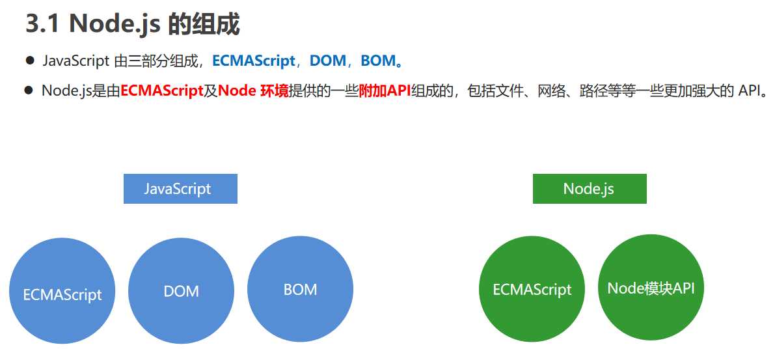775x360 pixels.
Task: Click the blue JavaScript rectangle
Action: point(180,188)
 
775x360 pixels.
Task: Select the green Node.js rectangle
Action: point(590,188)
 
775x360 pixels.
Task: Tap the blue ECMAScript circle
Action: point(62,291)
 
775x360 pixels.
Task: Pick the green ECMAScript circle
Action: point(532,289)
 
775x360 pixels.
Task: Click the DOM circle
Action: point(182,291)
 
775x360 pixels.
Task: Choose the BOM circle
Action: point(301,289)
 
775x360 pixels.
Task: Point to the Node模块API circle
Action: point(651,288)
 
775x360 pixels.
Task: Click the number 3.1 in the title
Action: point(44,24)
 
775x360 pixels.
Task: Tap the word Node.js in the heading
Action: point(115,24)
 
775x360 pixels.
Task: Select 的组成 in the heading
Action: point(204,24)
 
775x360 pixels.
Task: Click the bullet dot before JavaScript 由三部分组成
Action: point(30,61)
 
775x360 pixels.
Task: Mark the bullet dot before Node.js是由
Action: point(28,90)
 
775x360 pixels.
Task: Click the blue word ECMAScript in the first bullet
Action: point(254,61)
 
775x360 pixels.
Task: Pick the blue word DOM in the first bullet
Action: point(328,61)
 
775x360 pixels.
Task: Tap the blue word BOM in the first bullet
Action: point(378,61)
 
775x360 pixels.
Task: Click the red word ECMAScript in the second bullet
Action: point(162,90)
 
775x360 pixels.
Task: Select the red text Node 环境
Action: point(253,90)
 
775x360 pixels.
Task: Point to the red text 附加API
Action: point(385,90)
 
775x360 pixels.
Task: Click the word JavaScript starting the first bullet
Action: point(75,61)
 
